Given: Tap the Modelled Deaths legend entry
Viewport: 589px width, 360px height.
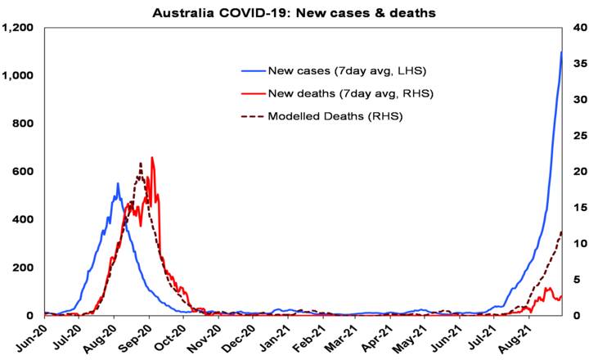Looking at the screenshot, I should tap(335, 116).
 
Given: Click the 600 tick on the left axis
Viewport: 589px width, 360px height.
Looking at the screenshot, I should tap(24, 172).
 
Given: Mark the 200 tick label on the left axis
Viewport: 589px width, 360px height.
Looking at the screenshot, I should tap(24, 268).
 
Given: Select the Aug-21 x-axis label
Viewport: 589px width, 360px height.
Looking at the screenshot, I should tap(530, 337).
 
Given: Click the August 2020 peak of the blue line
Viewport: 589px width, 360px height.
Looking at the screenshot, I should tap(118, 183).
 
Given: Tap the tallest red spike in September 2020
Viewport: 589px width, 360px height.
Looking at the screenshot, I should tap(152, 158).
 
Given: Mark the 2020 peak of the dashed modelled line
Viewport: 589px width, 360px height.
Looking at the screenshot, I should tap(141, 164).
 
